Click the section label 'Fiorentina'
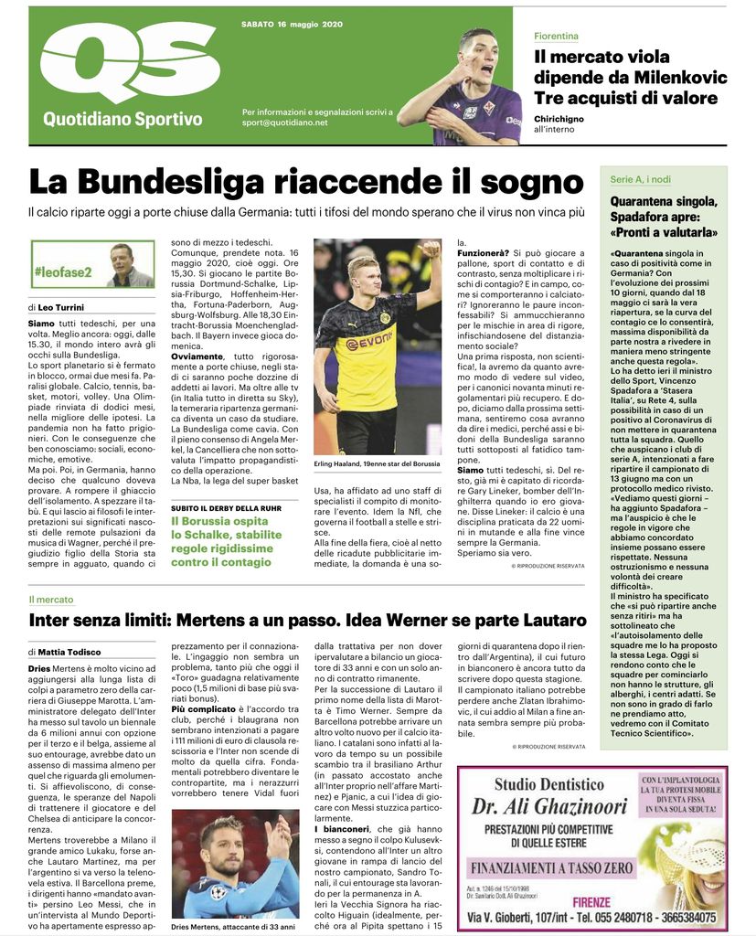tap(556, 36)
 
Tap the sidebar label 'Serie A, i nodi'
tap(641, 179)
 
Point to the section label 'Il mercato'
tap(50, 600)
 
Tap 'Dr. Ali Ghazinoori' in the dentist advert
tap(547, 805)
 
